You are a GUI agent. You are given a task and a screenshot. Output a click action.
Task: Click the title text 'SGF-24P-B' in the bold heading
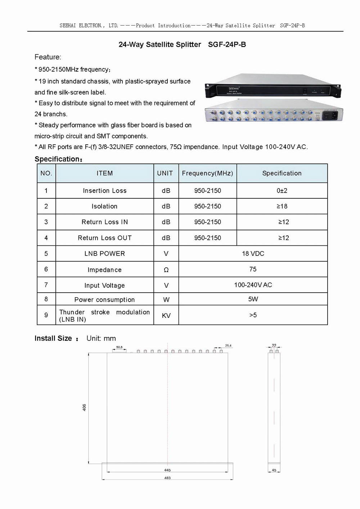pyautogui.click(x=227, y=45)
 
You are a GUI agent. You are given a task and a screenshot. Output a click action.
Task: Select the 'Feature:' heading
pyautogui.click(x=48, y=57)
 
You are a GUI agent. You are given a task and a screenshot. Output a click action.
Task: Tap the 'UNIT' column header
pyautogui.click(x=165, y=173)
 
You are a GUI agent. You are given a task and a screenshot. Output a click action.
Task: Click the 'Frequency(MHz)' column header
pyautogui.click(x=207, y=173)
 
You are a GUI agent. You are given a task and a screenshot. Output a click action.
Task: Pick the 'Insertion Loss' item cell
pyautogui.click(x=105, y=191)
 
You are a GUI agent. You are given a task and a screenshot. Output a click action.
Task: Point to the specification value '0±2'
pyautogui.click(x=282, y=191)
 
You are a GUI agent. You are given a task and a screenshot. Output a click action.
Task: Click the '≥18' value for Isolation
pyautogui.click(x=282, y=206)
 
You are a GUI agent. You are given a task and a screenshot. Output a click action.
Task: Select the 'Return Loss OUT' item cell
pyautogui.click(x=105, y=238)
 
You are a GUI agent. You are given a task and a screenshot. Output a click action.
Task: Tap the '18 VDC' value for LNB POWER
pyautogui.click(x=253, y=253)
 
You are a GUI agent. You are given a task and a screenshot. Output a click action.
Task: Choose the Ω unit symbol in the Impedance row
pyautogui.click(x=166, y=270)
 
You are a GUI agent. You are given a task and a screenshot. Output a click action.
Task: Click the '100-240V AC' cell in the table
pyautogui.click(x=253, y=285)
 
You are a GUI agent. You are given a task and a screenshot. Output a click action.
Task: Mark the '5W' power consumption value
pyautogui.click(x=253, y=299)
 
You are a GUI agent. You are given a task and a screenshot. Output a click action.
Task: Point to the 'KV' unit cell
pyautogui.click(x=166, y=316)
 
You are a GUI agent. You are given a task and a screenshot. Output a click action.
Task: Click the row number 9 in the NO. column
pyautogui.click(x=46, y=315)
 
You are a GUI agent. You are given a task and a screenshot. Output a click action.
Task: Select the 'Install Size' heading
pyautogui.click(x=53, y=338)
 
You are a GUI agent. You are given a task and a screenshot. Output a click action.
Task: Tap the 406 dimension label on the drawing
pyautogui.click(x=84, y=407)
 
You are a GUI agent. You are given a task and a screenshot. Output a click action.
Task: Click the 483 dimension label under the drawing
pyautogui.click(x=167, y=478)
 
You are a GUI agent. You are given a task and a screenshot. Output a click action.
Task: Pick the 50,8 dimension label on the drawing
pyautogui.click(x=119, y=347)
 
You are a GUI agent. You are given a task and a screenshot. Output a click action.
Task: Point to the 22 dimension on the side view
pyautogui.click(x=274, y=346)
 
